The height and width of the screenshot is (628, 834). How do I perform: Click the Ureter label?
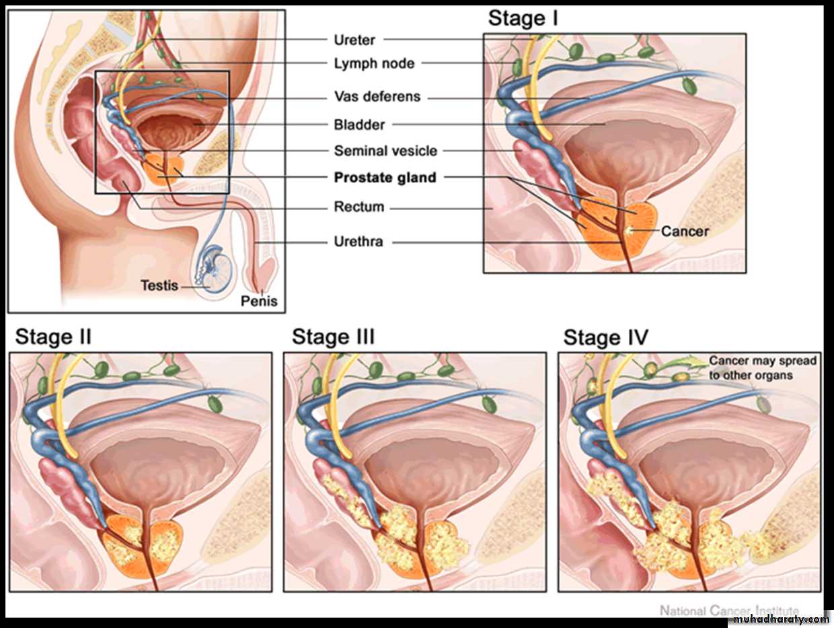pos(354,40)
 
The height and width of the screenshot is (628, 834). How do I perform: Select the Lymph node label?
pos(374,64)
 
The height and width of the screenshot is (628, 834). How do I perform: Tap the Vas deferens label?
pos(377,97)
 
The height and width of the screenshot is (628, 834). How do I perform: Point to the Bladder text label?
pos(359,125)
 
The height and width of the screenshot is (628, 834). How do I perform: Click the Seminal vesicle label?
pos(385,151)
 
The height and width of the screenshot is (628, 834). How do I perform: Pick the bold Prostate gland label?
pos(385,178)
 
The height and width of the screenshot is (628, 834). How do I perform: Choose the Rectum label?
pos(359,207)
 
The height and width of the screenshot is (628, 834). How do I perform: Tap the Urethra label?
pos(358,241)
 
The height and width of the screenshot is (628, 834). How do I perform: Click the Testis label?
pos(159,285)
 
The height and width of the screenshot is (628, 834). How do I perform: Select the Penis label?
pos(259,301)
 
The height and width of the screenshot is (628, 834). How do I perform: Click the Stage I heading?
pos(523,19)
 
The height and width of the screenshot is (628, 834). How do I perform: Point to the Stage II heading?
pos(53,337)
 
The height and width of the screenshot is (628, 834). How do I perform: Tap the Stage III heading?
pos(333,337)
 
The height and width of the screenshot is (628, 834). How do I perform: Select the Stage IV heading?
pos(605,337)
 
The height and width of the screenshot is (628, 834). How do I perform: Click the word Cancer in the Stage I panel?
pos(685,232)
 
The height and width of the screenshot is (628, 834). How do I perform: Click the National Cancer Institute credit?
pos(729,610)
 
